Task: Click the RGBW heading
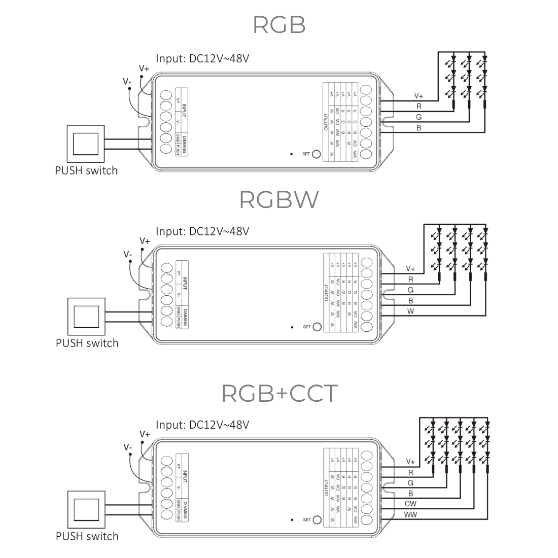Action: (279, 199)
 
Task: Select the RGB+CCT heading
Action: (280, 394)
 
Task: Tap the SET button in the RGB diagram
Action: (317, 154)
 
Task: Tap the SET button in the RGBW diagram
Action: (318, 327)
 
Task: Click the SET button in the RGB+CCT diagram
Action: (318, 520)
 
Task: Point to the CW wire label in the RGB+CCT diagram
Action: (410, 504)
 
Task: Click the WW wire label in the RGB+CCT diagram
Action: (410, 515)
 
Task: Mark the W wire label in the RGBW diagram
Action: (410, 311)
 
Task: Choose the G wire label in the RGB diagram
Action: (419, 117)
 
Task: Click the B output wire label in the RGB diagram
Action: (419, 128)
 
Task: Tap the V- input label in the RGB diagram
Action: (128, 81)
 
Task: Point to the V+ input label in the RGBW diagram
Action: (145, 241)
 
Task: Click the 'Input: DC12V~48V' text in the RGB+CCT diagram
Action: (202, 425)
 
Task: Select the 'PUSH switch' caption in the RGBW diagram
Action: (87, 343)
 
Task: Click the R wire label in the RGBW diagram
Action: (410, 279)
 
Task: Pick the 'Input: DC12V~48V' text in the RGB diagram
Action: (202, 58)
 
